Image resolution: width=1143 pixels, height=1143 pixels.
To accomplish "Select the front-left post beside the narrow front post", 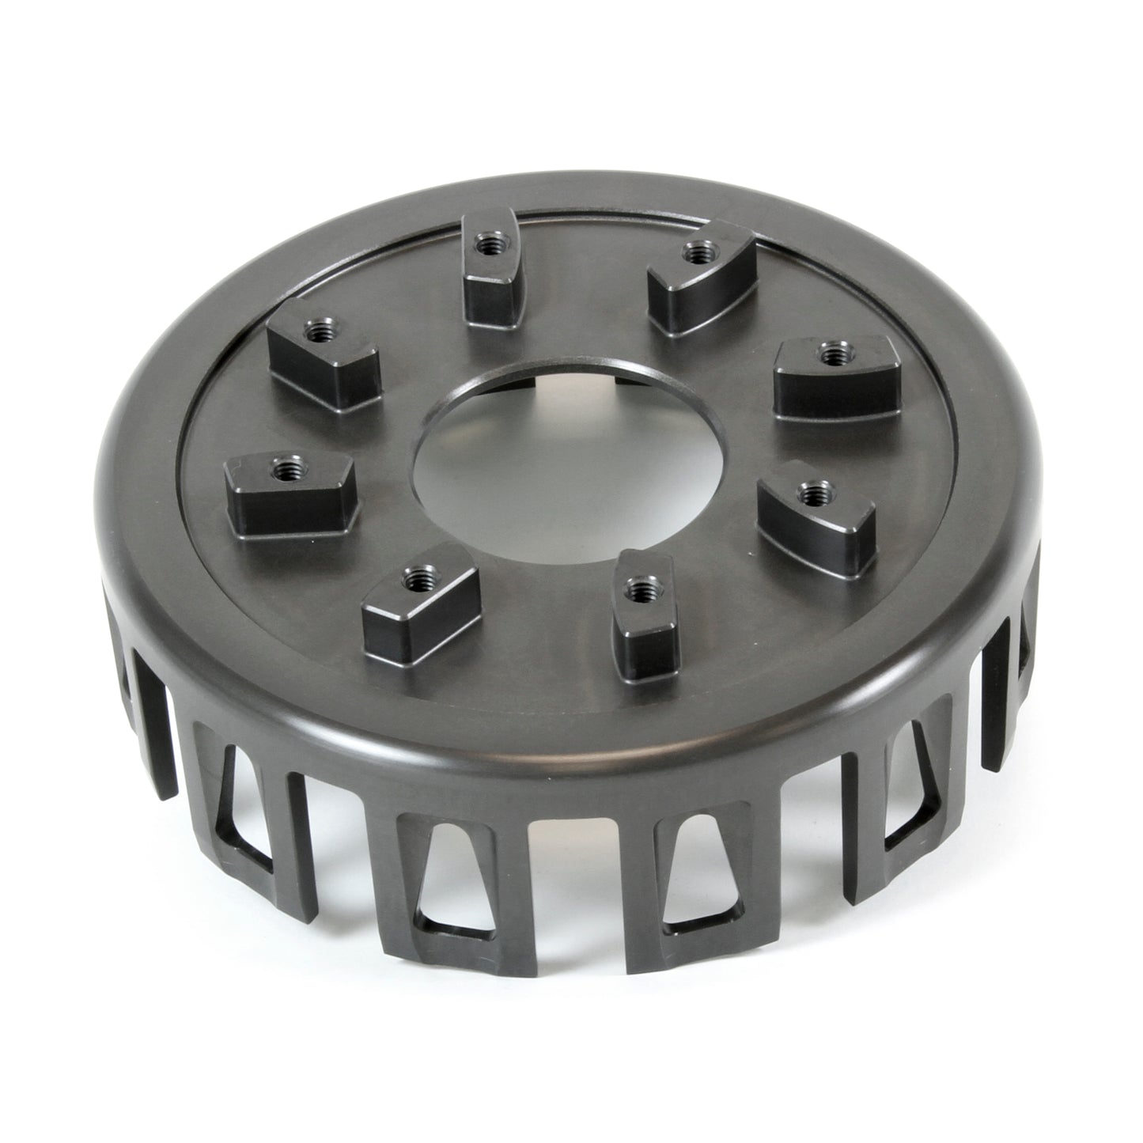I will tap(419, 601).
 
